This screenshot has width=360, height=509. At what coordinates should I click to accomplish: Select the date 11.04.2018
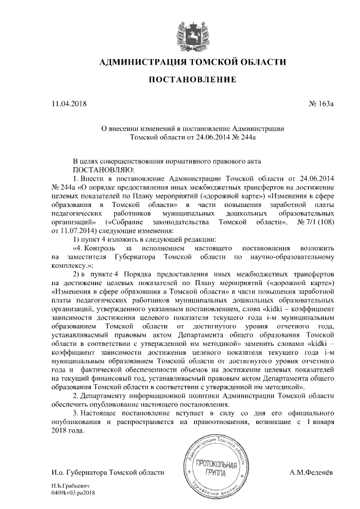click(69, 103)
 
